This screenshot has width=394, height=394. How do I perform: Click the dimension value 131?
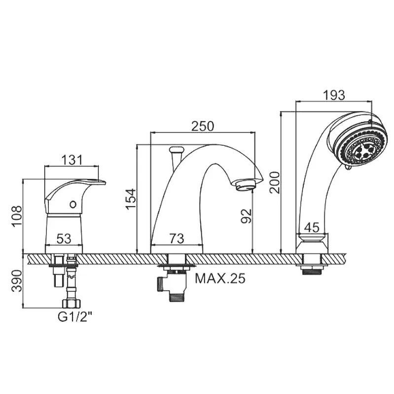[x=72, y=160]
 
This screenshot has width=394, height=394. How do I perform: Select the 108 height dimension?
[x=18, y=216]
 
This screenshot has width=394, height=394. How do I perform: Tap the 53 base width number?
[x=64, y=238]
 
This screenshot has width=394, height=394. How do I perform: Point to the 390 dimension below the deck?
[x=18, y=281]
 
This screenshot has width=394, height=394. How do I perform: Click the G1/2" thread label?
[x=74, y=317]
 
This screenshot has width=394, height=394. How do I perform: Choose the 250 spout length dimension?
[x=203, y=126]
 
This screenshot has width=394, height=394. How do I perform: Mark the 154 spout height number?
[x=131, y=199]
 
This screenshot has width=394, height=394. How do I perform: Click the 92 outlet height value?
[x=246, y=216]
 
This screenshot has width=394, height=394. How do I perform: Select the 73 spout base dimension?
[x=177, y=238]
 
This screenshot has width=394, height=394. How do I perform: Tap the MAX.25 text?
[x=220, y=278]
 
